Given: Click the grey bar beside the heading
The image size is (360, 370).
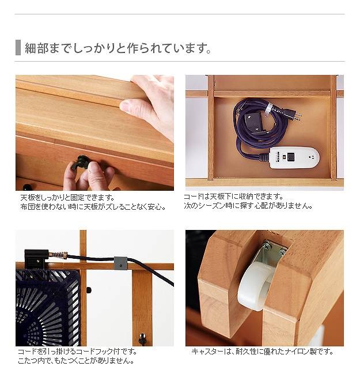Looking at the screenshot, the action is click(x=18, y=48).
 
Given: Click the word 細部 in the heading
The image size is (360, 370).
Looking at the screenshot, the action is click(x=36, y=48).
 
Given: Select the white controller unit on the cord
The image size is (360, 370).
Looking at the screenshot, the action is click(x=294, y=158).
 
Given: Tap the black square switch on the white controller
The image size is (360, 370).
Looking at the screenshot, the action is click(x=291, y=156).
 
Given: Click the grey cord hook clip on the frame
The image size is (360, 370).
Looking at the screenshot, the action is click(x=120, y=263).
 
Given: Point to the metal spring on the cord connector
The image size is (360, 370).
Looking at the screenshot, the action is click(x=58, y=255).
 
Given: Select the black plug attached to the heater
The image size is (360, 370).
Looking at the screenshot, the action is click(x=36, y=259).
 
